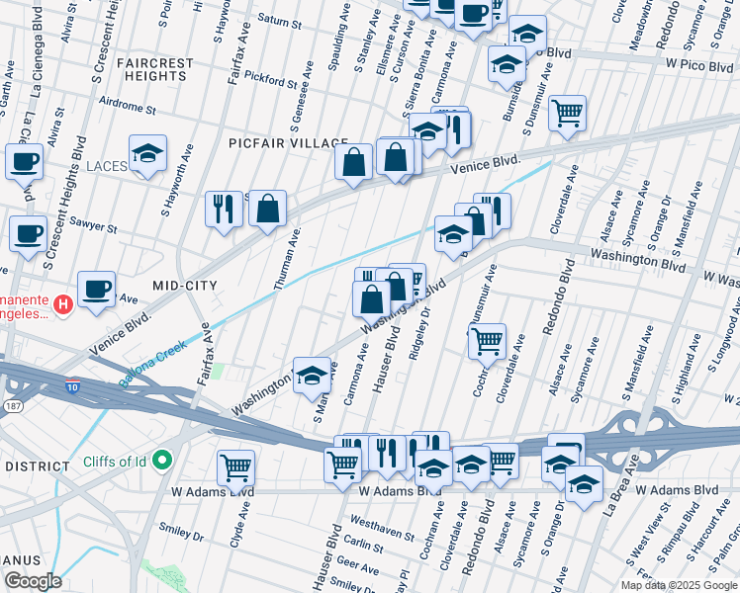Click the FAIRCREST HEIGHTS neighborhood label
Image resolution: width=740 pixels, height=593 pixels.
pyautogui.click(x=155, y=69)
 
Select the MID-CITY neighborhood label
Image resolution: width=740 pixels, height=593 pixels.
pyautogui.click(x=183, y=285)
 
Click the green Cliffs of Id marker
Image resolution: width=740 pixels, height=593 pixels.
pyautogui.click(x=164, y=460)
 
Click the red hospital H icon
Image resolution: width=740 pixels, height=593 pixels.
pyautogui.click(x=63, y=303)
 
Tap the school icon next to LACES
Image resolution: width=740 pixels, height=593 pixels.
pyautogui.click(x=147, y=154)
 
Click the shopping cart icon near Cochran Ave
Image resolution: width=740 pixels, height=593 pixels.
pyautogui.click(x=487, y=342)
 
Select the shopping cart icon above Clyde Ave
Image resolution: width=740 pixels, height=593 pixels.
pyautogui.click(x=235, y=467)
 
